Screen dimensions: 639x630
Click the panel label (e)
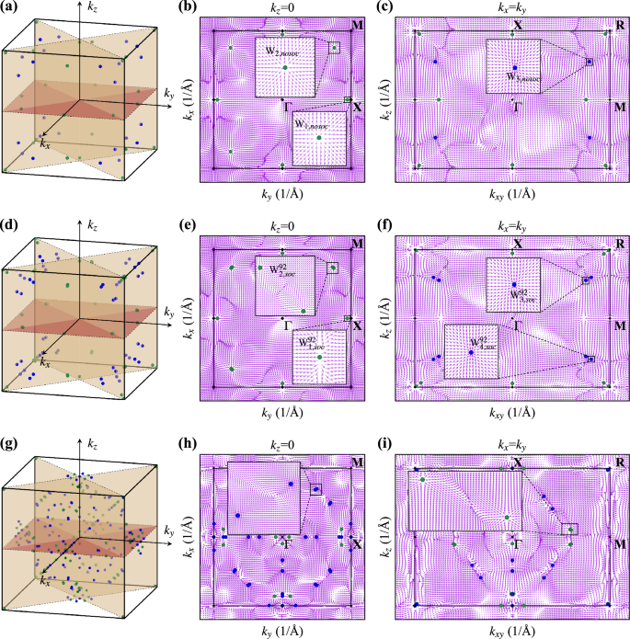pos(207,225)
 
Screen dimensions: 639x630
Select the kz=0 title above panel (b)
pos(284,9)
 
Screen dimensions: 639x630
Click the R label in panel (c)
pos(620,26)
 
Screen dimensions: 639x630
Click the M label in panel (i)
pos(620,544)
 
